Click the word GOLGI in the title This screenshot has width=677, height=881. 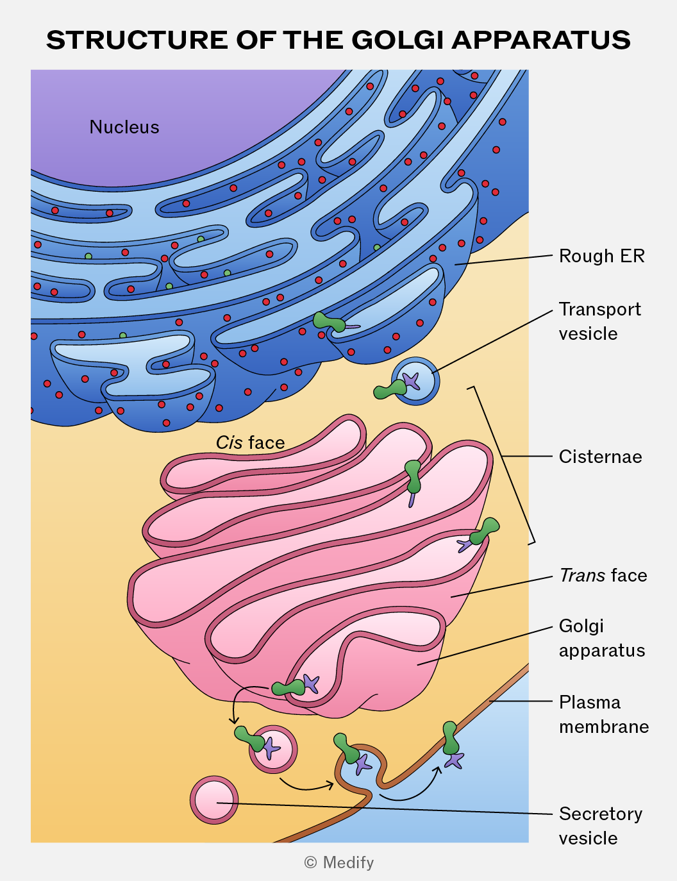click(398, 40)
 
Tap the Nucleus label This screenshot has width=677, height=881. click(124, 127)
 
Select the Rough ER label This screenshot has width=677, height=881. click(601, 256)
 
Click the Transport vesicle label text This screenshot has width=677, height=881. click(600, 321)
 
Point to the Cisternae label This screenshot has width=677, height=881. click(600, 457)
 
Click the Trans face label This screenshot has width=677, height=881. click(603, 575)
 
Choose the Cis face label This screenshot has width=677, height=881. click(250, 442)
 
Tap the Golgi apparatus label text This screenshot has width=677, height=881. click(601, 638)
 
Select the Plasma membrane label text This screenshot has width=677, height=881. click(604, 714)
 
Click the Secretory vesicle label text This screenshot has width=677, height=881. click(600, 826)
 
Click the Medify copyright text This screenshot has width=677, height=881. click(339, 862)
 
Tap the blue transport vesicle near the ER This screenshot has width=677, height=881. click(415, 381)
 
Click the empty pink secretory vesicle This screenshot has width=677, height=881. click(214, 800)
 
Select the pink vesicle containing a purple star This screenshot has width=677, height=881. click(273, 750)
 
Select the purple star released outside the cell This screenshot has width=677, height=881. click(455, 760)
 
